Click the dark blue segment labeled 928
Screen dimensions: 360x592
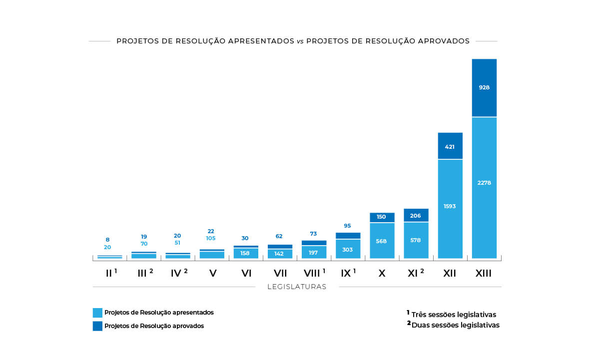(484, 88)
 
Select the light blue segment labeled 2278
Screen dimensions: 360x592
(484, 187)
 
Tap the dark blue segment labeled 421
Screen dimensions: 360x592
(450, 146)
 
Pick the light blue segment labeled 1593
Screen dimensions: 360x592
(450, 209)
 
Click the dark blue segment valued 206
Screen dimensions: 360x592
(416, 216)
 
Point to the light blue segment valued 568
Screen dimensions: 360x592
(382, 241)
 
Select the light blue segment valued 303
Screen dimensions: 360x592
(348, 249)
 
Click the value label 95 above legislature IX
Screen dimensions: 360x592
(348, 226)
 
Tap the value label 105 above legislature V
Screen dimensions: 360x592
(211, 238)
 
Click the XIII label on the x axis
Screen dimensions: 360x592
(484, 274)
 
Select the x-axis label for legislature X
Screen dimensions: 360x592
(382, 274)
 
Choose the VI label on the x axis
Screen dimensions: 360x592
(246, 274)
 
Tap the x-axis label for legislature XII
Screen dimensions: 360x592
(450, 274)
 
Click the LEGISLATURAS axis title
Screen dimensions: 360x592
(297, 287)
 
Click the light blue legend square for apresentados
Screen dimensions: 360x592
(97, 313)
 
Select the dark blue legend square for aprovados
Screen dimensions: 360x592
(97, 326)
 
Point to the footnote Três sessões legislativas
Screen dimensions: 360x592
(454, 315)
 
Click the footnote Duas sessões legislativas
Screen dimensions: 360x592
(455, 325)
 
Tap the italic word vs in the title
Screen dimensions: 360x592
(300, 41)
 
